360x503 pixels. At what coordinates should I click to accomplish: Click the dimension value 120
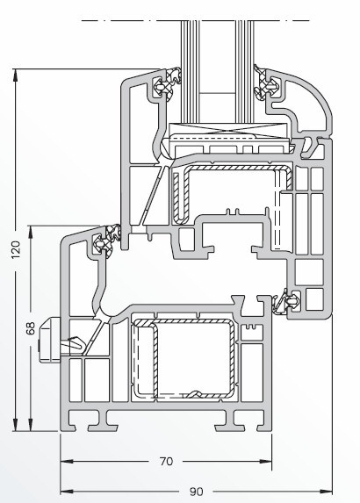click(x=16, y=249)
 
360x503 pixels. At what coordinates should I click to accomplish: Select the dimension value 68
click(x=31, y=328)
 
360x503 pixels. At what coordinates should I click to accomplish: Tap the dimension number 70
click(x=166, y=462)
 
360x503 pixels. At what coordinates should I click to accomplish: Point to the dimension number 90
click(x=196, y=492)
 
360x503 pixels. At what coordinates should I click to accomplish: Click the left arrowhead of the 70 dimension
click(x=66, y=461)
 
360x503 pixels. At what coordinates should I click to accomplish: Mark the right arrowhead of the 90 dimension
click(x=327, y=491)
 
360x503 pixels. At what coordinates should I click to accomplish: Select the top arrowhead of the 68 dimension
click(x=31, y=232)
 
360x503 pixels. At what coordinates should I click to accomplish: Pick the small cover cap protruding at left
click(x=50, y=340)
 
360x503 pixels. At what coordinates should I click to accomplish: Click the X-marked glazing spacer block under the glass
click(x=227, y=129)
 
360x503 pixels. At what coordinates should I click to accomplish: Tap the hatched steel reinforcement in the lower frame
click(x=184, y=359)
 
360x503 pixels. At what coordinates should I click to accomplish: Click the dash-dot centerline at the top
click(x=196, y=21)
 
